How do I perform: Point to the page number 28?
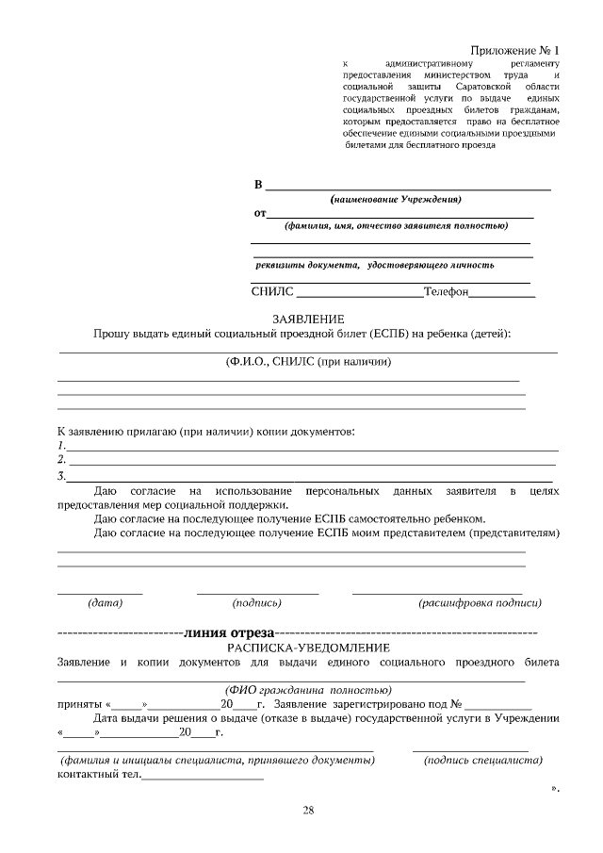point(308,810)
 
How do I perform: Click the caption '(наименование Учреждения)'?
point(401,200)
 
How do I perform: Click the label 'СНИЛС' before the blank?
point(273,292)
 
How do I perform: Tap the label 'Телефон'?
point(446,292)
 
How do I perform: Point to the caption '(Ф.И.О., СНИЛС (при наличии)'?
point(308,361)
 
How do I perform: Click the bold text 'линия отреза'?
point(231,632)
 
